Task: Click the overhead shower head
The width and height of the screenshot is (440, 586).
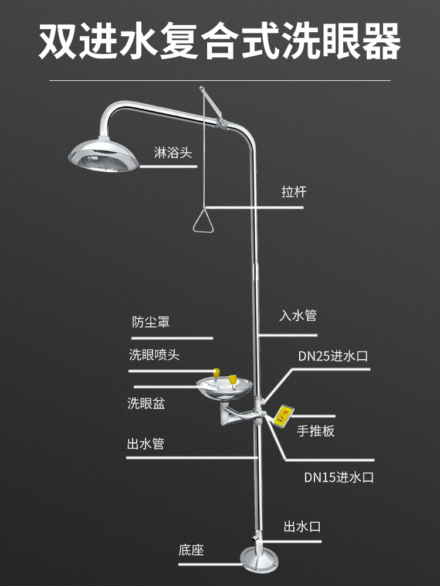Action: pyautogui.click(x=103, y=155)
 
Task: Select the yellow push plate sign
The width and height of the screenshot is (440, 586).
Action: pyautogui.click(x=283, y=415)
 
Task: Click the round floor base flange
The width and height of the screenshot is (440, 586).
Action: pyautogui.click(x=259, y=561)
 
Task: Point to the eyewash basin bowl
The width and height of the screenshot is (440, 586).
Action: pyautogui.click(x=225, y=387)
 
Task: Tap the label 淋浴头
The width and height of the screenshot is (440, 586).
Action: pyautogui.click(x=173, y=152)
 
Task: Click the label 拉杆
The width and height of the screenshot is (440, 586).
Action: pyautogui.click(x=294, y=192)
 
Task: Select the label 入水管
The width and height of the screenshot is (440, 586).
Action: pyautogui.click(x=298, y=315)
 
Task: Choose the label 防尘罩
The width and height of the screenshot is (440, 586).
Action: pyautogui.click(x=151, y=322)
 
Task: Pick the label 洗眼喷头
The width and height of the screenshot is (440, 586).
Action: pyautogui.click(x=154, y=355)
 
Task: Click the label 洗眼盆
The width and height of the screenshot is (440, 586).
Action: pyautogui.click(x=146, y=403)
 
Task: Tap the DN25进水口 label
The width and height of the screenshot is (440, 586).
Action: pyautogui.click(x=333, y=356)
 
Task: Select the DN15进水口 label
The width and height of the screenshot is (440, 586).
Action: pyautogui.click(x=339, y=477)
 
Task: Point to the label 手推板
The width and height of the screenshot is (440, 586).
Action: pyautogui.click(x=316, y=431)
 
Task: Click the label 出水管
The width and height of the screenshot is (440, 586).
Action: pyautogui.click(x=145, y=444)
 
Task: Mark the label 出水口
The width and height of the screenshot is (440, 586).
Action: pyautogui.click(x=302, y=527)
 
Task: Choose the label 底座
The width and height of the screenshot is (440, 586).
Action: pyautogui.click(x=191, y=550)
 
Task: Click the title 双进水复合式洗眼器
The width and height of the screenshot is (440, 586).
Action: pyautogui.click(x=220, y=41)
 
